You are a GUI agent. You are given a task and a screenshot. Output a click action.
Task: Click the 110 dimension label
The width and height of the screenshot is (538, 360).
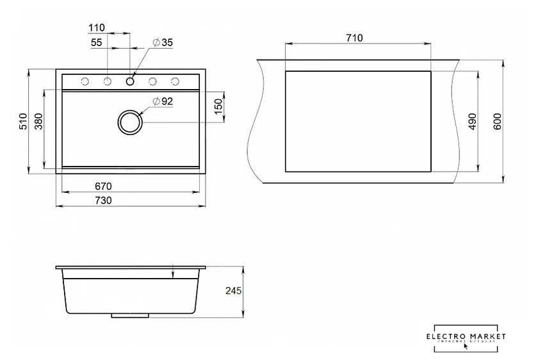96,28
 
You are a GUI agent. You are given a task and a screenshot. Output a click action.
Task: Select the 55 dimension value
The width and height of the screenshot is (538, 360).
97,42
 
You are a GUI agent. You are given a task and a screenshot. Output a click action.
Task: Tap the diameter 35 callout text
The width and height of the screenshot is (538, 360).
163,43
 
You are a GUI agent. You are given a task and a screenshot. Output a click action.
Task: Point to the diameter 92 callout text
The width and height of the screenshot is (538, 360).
163,101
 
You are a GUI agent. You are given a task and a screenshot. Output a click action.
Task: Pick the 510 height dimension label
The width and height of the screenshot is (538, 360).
22,120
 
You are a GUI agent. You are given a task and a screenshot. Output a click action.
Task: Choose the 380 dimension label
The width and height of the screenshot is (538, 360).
38,121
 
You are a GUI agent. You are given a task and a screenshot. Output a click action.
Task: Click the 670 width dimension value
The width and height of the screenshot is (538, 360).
104,186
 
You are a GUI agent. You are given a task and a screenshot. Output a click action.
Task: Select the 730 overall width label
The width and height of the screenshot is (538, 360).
104,200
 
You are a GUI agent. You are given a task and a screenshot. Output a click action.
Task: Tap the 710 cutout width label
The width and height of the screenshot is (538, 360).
354,38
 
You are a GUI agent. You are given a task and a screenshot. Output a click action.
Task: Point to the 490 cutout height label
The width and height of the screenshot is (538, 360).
472,121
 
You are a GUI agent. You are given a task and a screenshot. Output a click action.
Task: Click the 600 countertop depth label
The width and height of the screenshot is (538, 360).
497,121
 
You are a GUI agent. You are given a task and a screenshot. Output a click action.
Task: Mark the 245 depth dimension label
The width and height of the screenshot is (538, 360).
233,291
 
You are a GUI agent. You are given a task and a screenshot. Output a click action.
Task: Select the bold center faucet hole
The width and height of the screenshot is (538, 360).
130,81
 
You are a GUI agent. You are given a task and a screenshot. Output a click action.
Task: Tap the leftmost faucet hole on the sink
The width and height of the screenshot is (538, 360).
85,81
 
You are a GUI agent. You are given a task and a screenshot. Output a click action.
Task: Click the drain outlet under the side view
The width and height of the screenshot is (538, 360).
130,316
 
